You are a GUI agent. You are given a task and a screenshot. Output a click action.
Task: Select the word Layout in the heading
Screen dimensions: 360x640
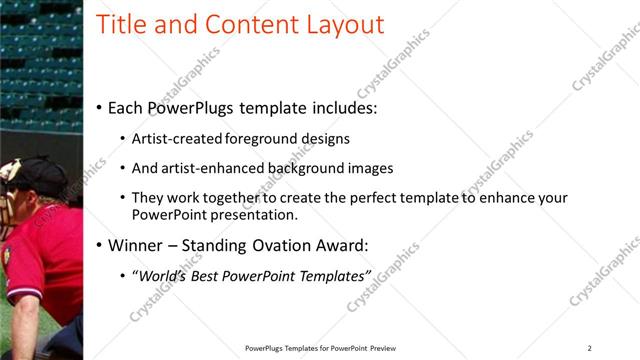click(x=342, y=24)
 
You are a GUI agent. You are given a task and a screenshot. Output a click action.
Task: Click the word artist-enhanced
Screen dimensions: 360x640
click(x=212, y=168)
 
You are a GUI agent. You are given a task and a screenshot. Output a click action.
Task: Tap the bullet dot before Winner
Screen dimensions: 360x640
click(x=99, y=245)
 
